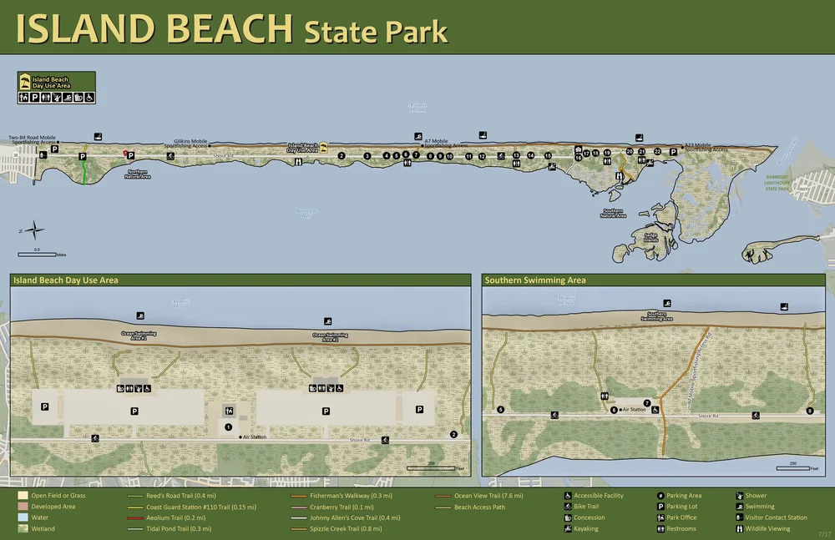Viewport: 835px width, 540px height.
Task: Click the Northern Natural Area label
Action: tap(138, 174)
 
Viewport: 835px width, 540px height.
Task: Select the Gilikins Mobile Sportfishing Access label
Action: tap(190, 144)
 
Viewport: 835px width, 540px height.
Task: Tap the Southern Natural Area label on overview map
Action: tap(613, 214)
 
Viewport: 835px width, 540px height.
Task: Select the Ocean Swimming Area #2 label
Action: tap(326, 337)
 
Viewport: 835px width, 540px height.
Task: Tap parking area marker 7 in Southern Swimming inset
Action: tap(647, 403)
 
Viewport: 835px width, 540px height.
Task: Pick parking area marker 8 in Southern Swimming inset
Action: tap(809, 411)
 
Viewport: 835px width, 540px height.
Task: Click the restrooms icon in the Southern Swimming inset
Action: tap(604, 397)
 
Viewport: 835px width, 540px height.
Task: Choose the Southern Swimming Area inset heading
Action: tap(535, 280)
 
